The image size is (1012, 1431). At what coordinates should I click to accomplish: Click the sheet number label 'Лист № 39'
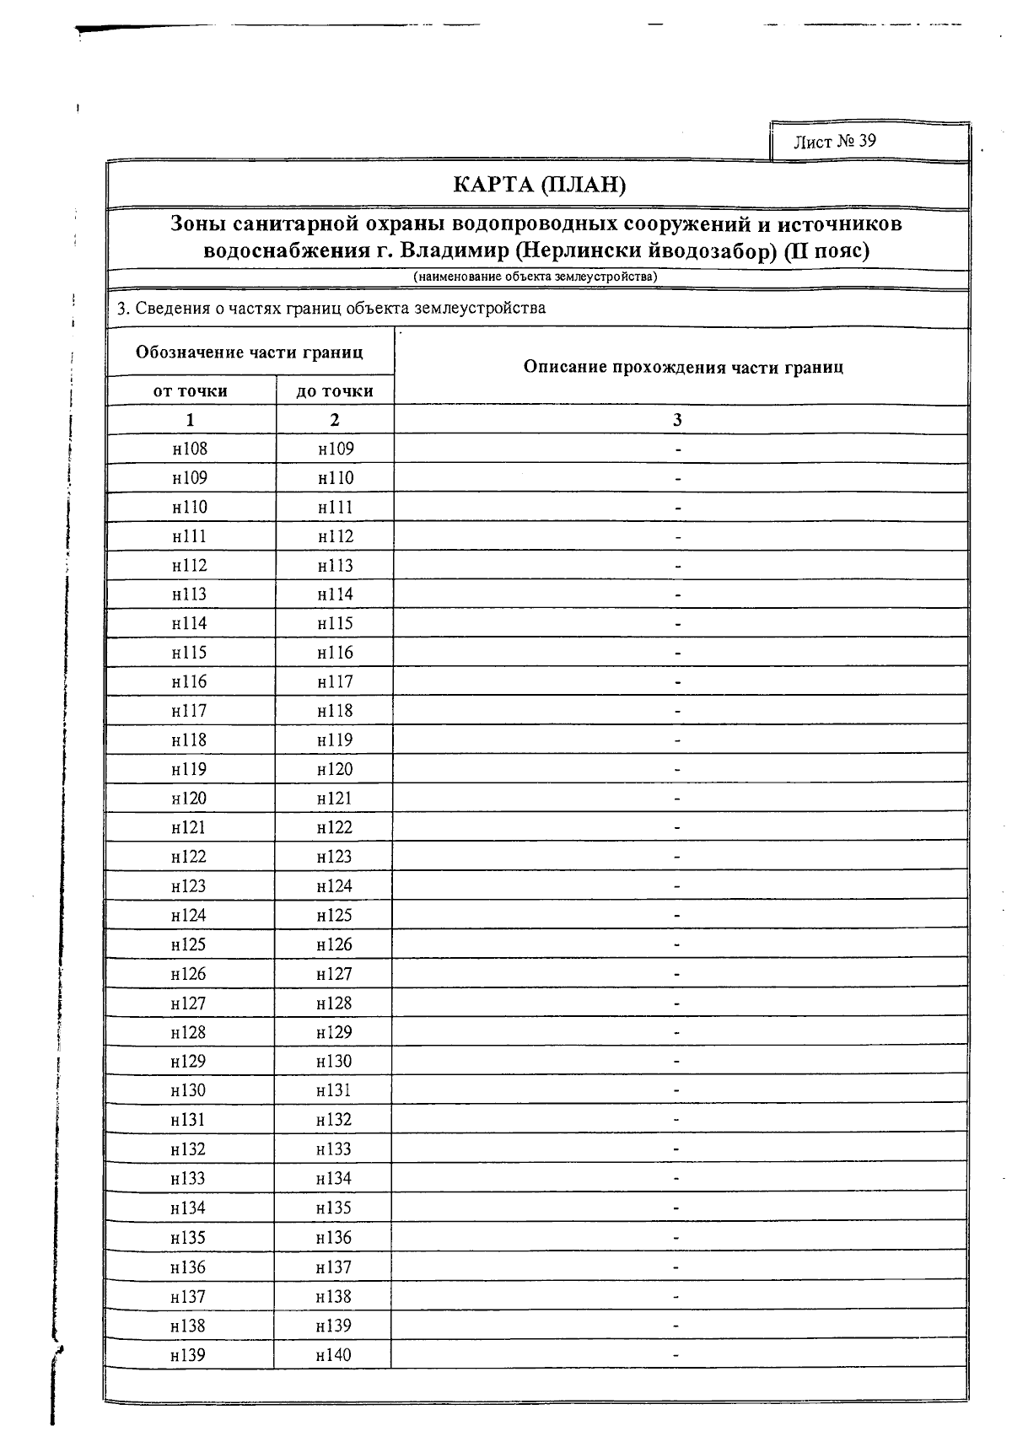pyautogui.click(x=834, y=141)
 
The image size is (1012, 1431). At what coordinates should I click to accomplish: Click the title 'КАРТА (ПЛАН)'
pyautogui.click(x=539, y=184)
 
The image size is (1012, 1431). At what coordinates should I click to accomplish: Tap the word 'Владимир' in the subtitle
pyautogui.click(x=453, y=250)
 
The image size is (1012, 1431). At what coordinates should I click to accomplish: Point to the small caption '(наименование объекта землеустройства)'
pyautogui.click(x=535, y=277)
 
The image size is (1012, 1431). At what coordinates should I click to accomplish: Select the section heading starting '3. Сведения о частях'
pyautogui.click(x=331, y=308)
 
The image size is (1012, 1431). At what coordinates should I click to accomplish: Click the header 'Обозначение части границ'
pyautogui.click(x=250, y=352)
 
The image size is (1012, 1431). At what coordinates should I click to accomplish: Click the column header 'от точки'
pyautogui.click(x=191, y=390)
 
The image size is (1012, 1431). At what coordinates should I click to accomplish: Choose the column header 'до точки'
pyautogui.click(x=335, y=390)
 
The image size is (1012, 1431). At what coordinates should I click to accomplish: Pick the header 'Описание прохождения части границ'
pyautogui.click(x=683, y=367)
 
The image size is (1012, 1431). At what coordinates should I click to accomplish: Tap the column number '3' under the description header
pyautogui.click(x=677, y=420)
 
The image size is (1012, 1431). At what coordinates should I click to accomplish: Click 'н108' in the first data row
pyautogui.click(x=190, y=449)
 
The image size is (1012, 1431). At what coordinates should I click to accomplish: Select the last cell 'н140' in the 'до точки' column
pyautogui.click(x=333, y=1355)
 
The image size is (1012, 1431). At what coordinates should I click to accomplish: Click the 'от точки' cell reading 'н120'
pyautogui.click(x=189, y=798)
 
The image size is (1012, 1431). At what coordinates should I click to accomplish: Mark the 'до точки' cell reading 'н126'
pyautogui.click(x=334, y=944)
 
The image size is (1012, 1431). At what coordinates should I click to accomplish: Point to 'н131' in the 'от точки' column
pyautogui.click(x=188, y=1120)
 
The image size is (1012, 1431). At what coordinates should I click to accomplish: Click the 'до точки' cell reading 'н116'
pyautogui.click(x=335, y=653)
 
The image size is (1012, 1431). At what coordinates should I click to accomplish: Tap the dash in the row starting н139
pyautogui.click(x=676, y=1355)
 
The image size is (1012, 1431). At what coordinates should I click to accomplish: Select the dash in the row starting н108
pyautogui.click(x=678, y=449)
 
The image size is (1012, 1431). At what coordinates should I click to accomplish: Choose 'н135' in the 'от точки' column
pyautogui.click(x=188, y=1238)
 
